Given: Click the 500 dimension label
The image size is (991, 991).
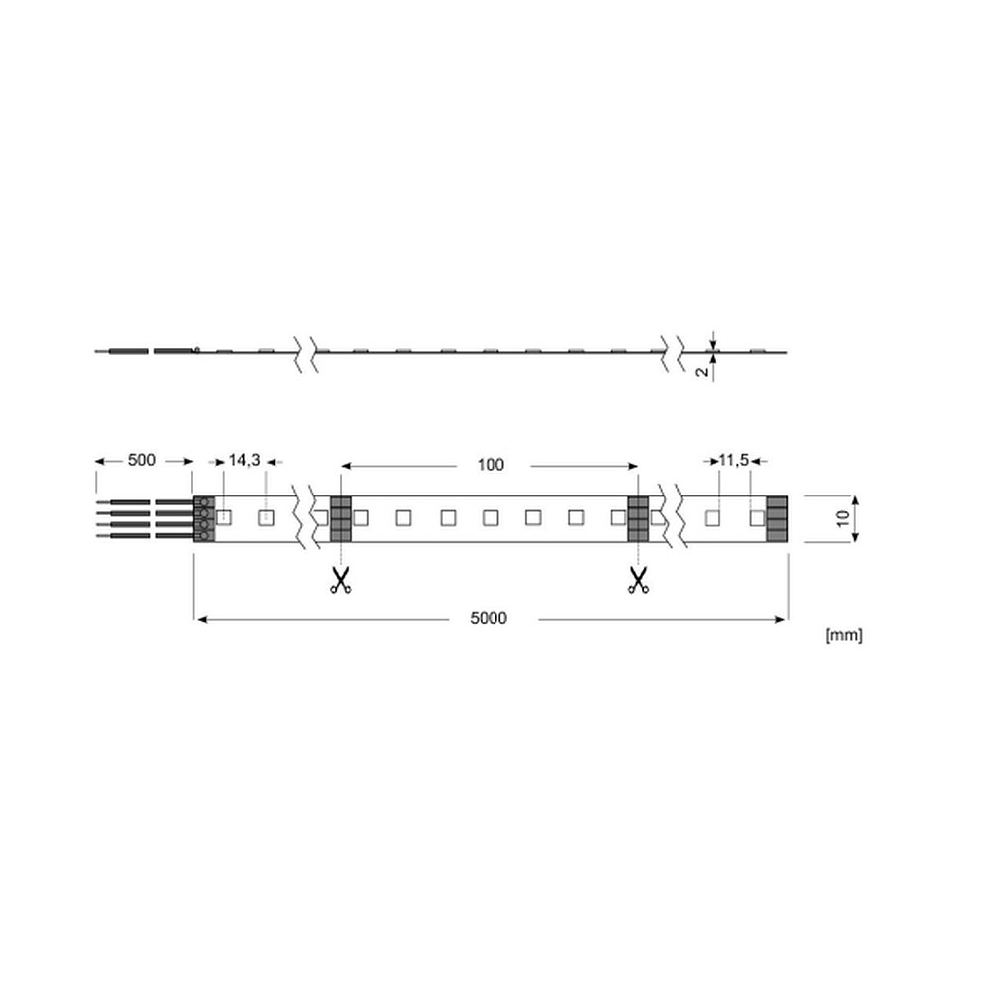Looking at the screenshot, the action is pos(141,460).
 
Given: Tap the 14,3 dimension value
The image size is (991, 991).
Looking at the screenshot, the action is pos(244,460).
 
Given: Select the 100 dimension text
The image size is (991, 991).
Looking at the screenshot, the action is pos(491,465).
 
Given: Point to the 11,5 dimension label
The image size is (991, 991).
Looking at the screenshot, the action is pos(733,460).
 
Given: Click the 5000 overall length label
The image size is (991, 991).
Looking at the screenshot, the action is pos(489,618).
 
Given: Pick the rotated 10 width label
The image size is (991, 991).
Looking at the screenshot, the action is pos(843,519).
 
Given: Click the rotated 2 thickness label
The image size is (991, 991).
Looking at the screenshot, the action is pos(703,372).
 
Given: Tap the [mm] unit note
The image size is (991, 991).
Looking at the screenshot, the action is pos(844,635).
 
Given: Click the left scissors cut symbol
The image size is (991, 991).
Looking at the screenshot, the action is pos(340,580).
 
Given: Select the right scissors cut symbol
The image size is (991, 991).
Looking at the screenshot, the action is pos(638,580).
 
